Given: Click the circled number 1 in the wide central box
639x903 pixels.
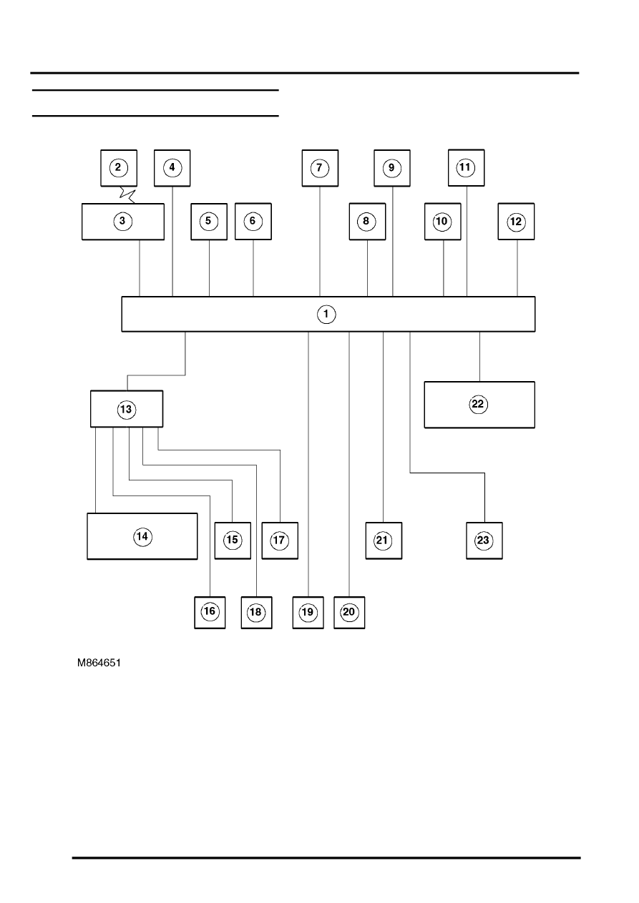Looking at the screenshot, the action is coord(326,315).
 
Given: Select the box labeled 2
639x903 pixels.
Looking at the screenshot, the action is coord(119,168).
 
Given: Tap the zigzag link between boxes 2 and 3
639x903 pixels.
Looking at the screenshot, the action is coord(127,195).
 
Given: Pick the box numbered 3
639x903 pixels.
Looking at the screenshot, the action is coord(122,222).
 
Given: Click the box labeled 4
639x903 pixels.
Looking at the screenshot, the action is coord(172,168).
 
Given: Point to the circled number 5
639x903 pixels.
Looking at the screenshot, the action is coord(208,222).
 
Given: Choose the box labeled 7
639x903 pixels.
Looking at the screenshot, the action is coord(320,168).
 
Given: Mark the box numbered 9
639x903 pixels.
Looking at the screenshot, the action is coord(391,168).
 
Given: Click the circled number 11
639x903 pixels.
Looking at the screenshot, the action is coord(466,168).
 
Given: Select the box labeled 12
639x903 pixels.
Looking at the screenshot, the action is coord(516,222).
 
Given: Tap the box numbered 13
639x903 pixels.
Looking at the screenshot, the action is coord(127,409).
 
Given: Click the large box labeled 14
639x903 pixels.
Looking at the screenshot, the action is coord(142,536).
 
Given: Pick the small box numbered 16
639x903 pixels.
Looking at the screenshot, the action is coord(210,612).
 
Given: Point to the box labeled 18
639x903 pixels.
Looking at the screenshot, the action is coord(257,612).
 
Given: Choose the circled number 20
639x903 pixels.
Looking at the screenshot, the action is coord(349,612).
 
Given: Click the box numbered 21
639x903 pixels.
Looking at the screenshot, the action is coord(384,541).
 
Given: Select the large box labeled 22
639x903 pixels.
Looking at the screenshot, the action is coord(479,405).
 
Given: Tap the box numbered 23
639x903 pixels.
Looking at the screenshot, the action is coord(484,541).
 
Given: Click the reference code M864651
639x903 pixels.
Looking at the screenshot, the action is coord(99,663).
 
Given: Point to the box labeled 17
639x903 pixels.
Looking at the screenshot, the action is coord(280,541).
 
